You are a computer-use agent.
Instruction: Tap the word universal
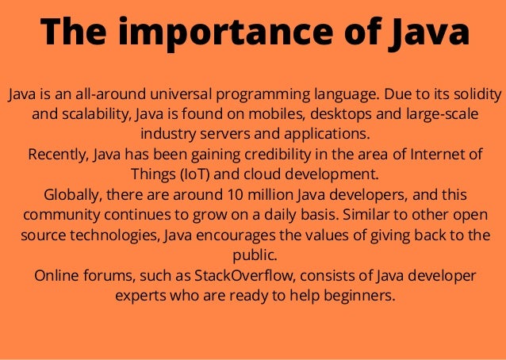click(168, 96)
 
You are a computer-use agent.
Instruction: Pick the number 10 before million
click(236, 195)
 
